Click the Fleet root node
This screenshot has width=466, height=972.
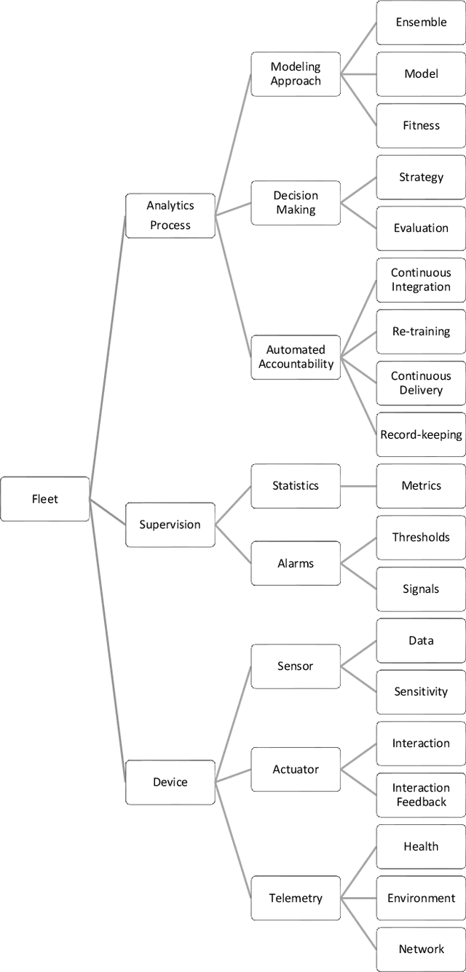(x=45, y=499)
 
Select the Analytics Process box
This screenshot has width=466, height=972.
(x=170, y=215)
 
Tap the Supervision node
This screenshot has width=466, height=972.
(x=170, y=525)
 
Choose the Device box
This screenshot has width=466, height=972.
(x=170, y=782)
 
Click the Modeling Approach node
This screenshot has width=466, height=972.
(x=296, y=73)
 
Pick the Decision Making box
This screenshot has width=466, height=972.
(x=296, y=202)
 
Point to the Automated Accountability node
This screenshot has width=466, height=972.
(x=296, y=356)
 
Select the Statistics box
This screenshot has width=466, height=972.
(x=296, y=486)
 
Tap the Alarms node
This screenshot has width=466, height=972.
(x=296, y=563)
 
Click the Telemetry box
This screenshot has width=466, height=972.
(x=296, y=898)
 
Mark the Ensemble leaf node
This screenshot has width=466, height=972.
(x=421, y=23)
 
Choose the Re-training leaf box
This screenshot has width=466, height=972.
(x=421, y=332)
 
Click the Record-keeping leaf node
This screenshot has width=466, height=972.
(x=421, y=434)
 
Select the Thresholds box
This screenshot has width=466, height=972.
(x=421, y=538)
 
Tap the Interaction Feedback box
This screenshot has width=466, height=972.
(x=421, y=794)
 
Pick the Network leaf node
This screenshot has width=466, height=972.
(x=421, y=949)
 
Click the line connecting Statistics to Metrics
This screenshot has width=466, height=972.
(x=358, y=486)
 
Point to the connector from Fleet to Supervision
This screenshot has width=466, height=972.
(x=108, y=511)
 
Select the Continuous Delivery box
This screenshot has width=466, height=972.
(x=421, y=383)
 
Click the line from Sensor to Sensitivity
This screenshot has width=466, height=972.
(x=358, y=679)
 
